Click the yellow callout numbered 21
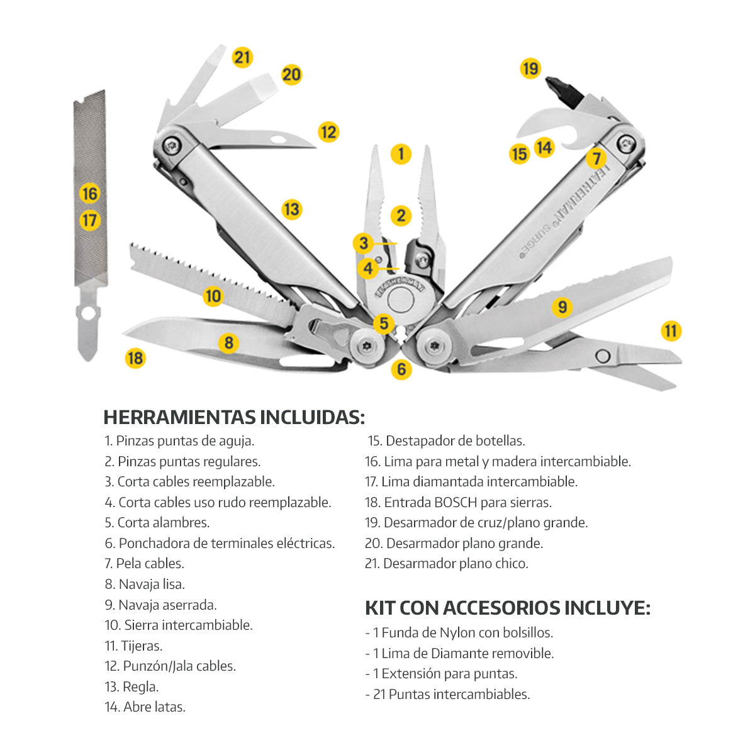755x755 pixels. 242,57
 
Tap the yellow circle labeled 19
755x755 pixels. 530,68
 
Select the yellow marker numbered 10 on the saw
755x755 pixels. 213,296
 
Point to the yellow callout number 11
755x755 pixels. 671,331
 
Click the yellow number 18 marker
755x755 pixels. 135,358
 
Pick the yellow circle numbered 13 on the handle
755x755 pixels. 291,209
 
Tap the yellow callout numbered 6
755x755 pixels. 401,369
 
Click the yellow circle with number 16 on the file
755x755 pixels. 90,193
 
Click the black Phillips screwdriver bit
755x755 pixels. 565,93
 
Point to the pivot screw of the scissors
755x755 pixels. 602,356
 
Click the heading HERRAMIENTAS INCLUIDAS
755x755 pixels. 233,417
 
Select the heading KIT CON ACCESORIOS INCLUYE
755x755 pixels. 507,608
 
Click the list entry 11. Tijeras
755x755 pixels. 133,646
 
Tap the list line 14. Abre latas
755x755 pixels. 145,707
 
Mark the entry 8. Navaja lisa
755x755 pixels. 145,584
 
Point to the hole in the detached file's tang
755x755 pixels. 88,313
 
